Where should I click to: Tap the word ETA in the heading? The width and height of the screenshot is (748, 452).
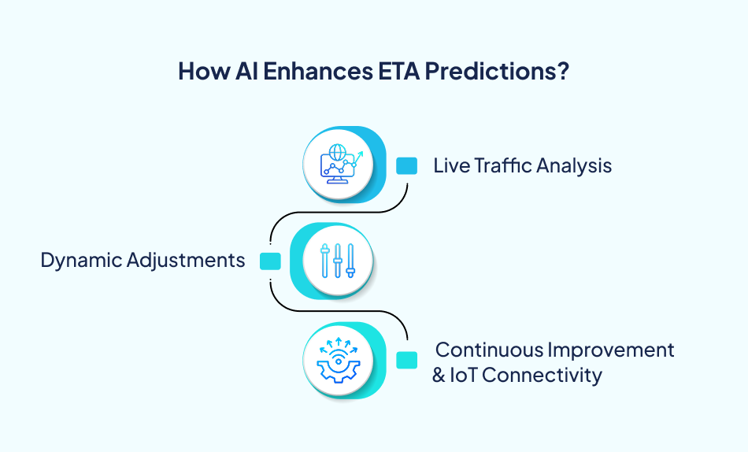(x=392, y=71)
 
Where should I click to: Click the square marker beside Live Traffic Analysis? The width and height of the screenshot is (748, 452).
(x=406, y=165)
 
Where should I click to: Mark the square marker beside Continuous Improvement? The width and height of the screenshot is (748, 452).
(x=406, y=360)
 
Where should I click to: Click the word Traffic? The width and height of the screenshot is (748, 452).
(x=498, y=165)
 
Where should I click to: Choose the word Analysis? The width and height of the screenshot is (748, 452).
(x=574, y=165)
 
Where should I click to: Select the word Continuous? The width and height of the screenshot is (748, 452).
(x=488, y=350)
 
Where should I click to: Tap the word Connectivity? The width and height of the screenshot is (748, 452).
(x=542, y=376)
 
